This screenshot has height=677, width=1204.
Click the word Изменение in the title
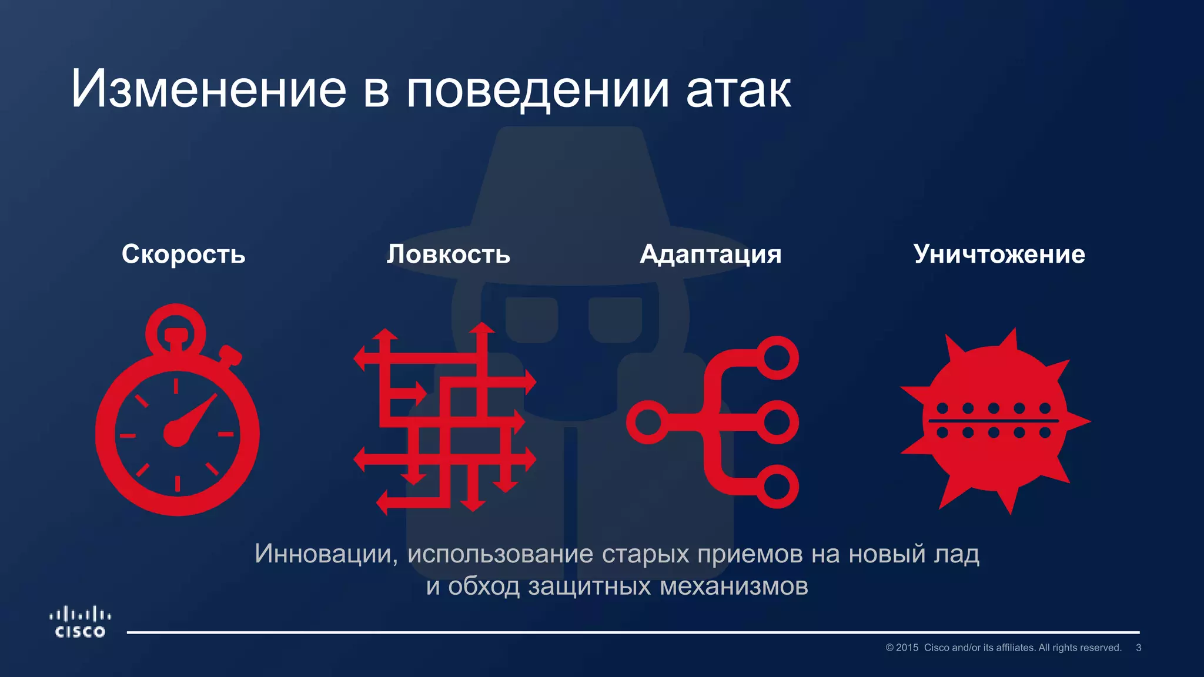tap(209, 89)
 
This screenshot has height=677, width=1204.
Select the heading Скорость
tap(183, 254)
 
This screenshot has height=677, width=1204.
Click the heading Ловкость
tap(449, 254)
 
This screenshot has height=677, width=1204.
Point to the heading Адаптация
tap(711, 254)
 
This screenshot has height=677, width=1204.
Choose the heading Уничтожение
tap(999, 254)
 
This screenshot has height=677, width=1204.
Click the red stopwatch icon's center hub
tap(176, 434)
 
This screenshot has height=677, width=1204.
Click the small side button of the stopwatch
tap(230, 356)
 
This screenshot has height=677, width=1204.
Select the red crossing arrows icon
tap(445, 418)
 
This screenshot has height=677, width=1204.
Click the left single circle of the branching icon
tap(648, 422)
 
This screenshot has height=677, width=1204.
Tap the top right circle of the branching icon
tap(777, 358)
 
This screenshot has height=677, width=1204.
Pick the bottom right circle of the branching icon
tap(777, 486)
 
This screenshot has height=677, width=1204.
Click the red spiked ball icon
tap(995, 421)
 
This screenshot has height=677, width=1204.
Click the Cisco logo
tap(80, 623)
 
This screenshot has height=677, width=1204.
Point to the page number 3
tap(1138, 648)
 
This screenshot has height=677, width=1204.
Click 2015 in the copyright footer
tap(907, 648)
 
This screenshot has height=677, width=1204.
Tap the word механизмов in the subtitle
tap(734, 586)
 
